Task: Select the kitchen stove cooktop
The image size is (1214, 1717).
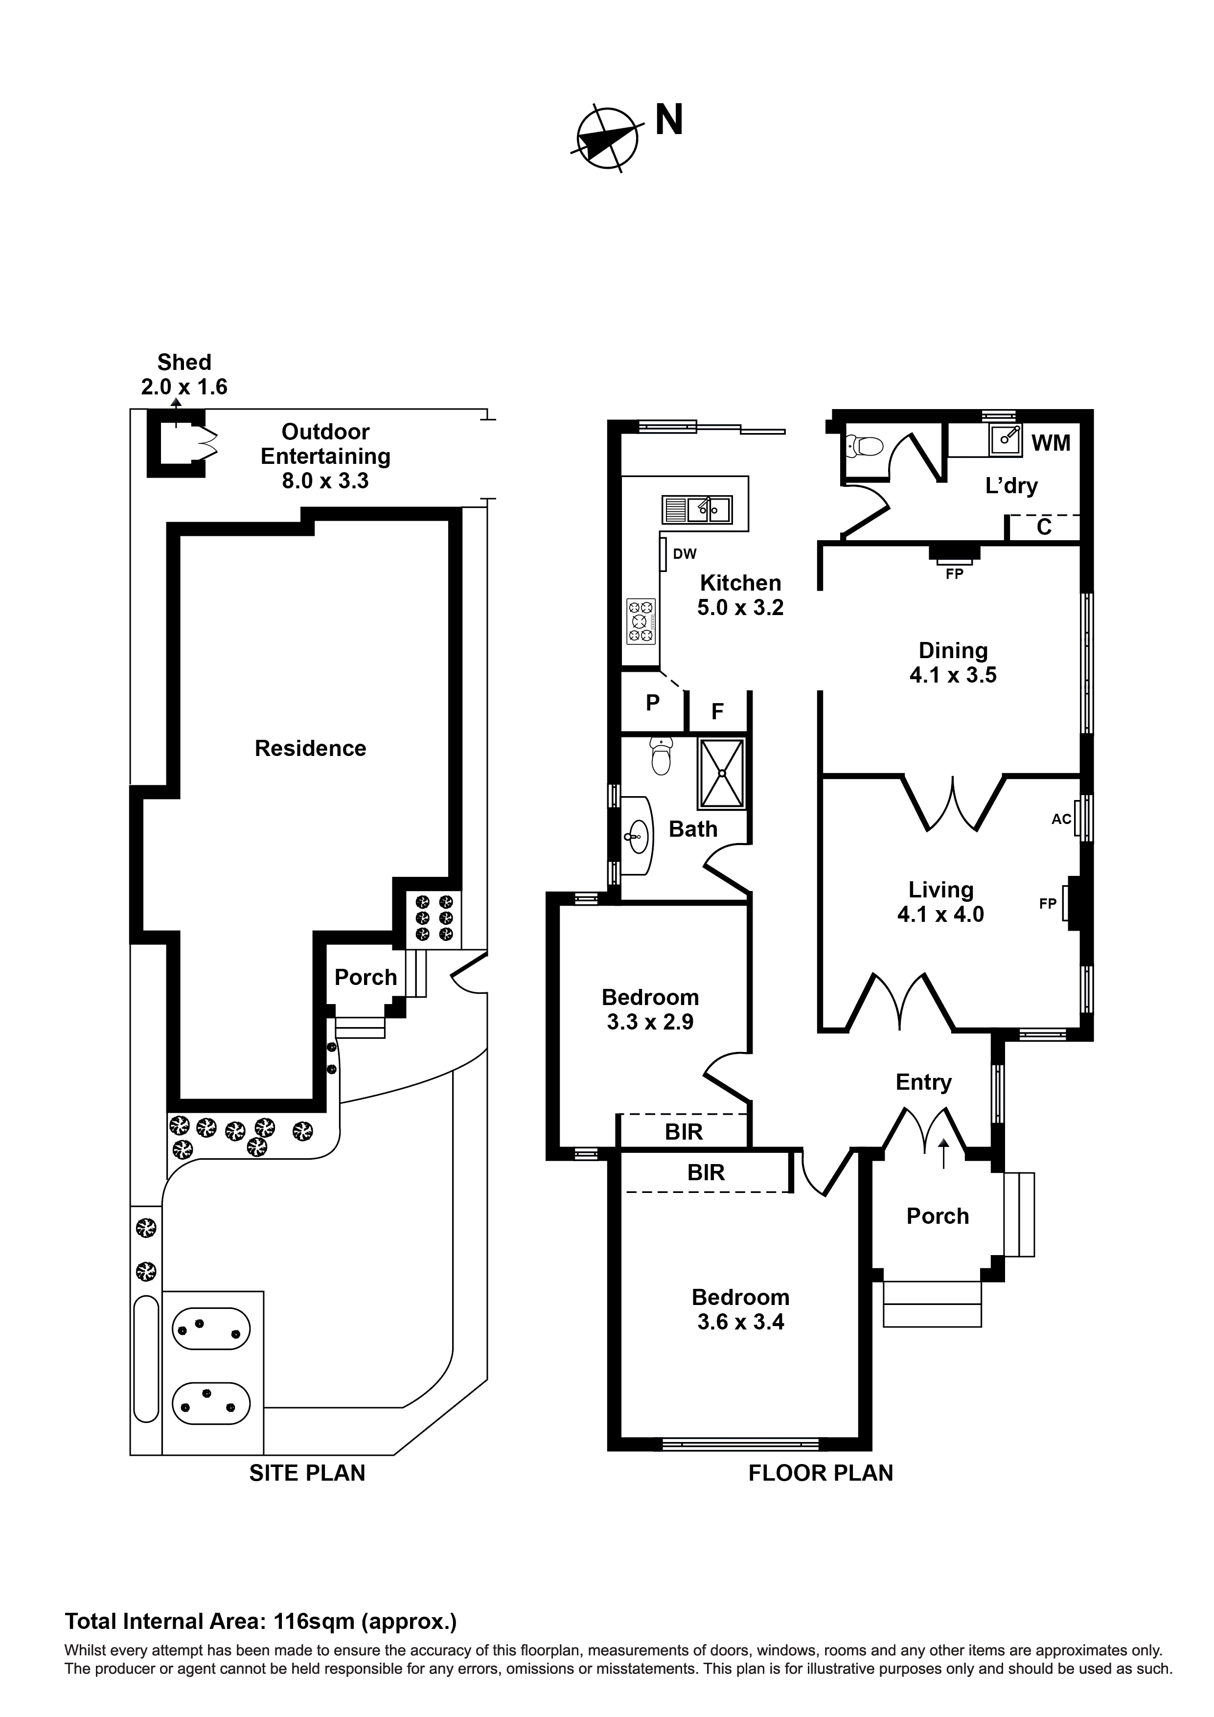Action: click(x=641, y=620)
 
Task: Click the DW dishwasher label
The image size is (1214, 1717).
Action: click(x=685, y=554)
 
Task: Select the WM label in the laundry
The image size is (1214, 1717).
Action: click(x=1051, y=443)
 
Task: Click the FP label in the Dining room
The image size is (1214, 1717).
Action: click(x=955, y=574)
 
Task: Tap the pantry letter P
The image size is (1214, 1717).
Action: click(x=652, y=703)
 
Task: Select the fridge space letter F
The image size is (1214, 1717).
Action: click(x=717, y=712)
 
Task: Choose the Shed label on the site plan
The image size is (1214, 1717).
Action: click(x=184, y=363)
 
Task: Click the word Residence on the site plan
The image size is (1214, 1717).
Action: click(x=310, y=749)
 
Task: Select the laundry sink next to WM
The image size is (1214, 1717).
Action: click(x=1006, y=440)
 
